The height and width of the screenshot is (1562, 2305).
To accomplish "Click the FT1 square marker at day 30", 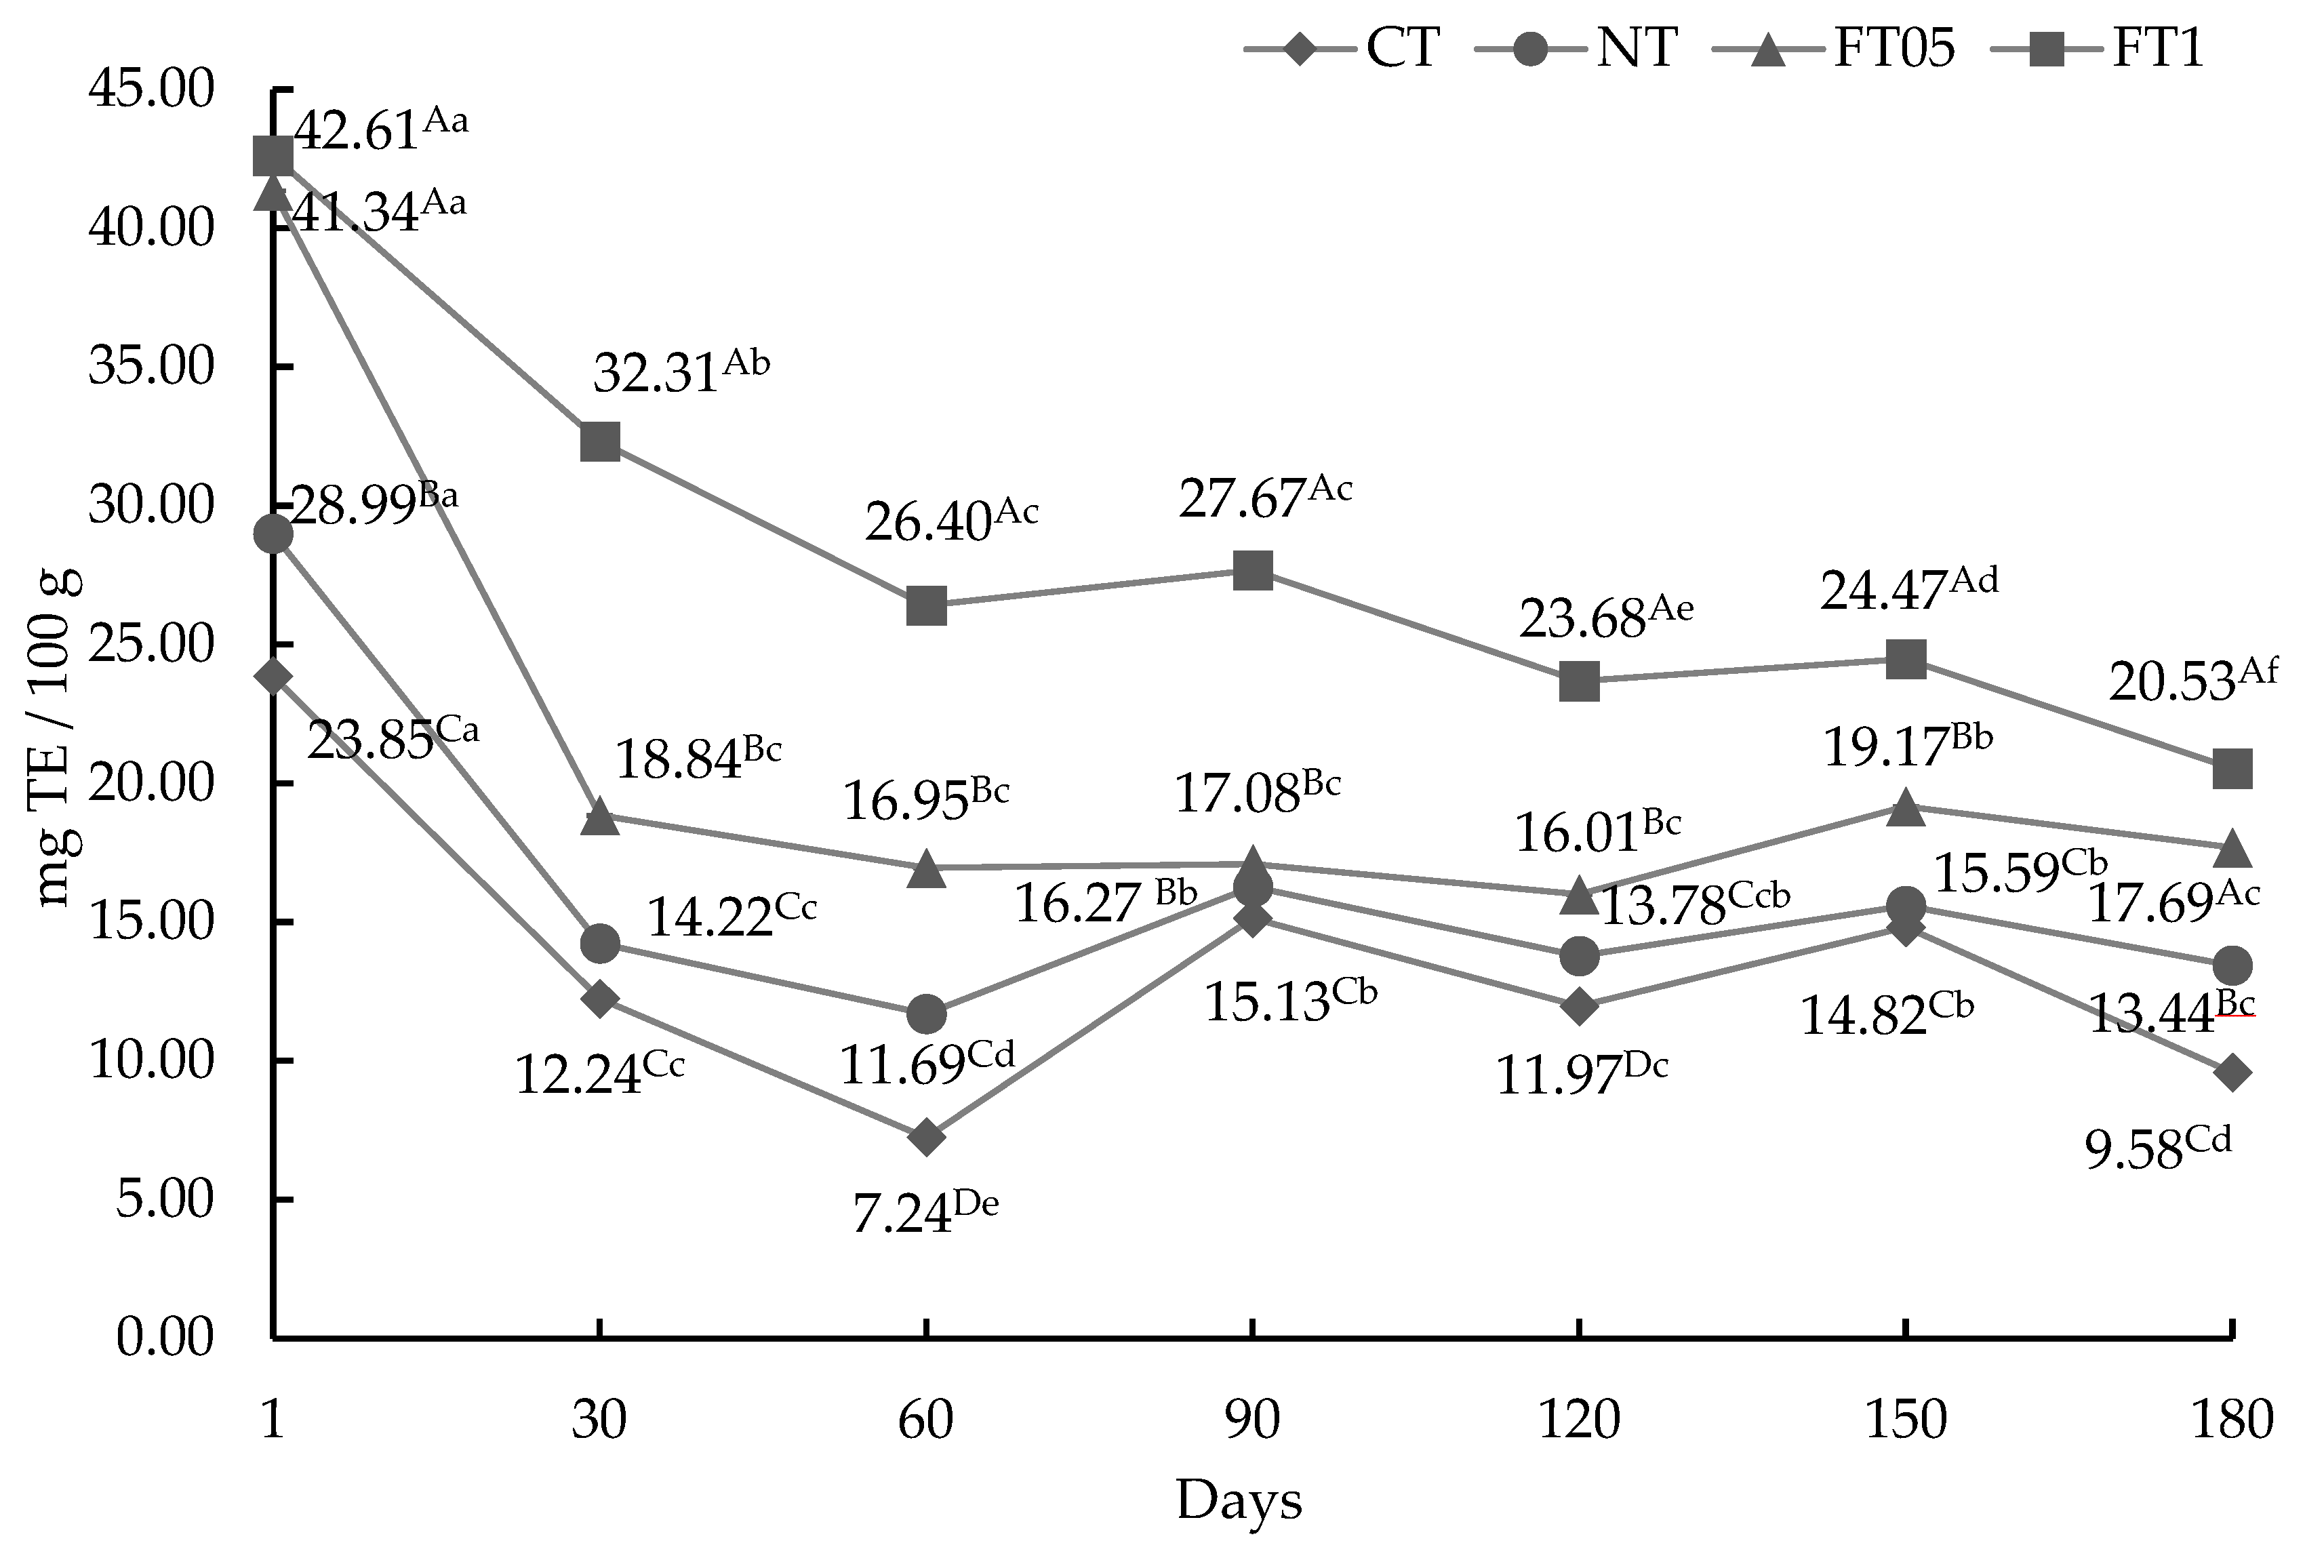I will (599, 441).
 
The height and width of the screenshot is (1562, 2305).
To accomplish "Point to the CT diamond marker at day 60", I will (926, 1136).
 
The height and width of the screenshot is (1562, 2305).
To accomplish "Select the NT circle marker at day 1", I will (273, 534).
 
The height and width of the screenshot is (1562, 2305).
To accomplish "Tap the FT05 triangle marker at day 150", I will (1905, 808).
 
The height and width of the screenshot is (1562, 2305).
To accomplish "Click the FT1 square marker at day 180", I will (2232, 767).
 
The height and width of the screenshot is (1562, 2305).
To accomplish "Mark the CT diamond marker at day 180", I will (2232, 1072).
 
